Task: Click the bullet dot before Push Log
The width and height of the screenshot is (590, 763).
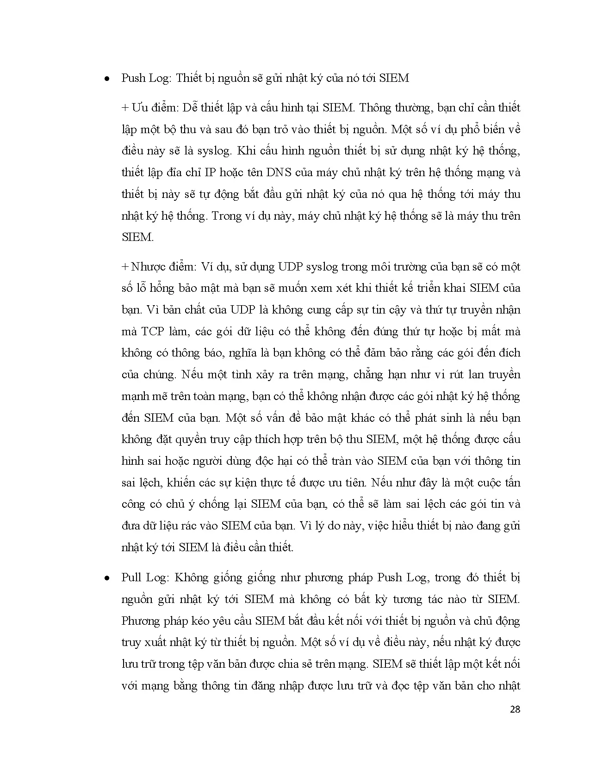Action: point(107,79)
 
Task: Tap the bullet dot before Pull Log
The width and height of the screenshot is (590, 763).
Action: point(107,578)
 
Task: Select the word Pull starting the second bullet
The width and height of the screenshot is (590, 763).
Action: point(131,578)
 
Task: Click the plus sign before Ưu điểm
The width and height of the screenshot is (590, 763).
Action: point(124,108)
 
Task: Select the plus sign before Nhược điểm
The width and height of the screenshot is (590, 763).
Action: point(124,267)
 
